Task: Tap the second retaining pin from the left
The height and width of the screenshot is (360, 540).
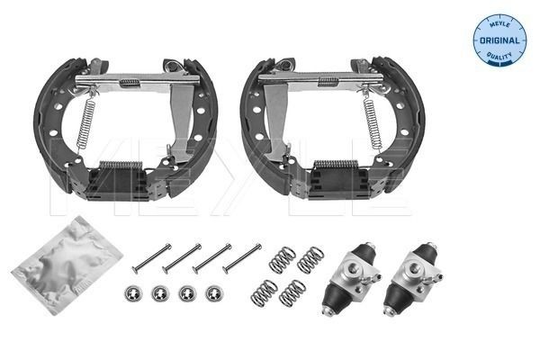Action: (x=180, y=258)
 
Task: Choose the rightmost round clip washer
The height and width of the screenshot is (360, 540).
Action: (x=214, y=293)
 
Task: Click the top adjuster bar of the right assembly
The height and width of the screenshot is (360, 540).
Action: (x=319, y=80)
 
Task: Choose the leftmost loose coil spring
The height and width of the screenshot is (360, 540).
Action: (x=264, y=291)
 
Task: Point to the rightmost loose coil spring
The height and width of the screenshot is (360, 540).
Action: (x=311, y=260)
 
